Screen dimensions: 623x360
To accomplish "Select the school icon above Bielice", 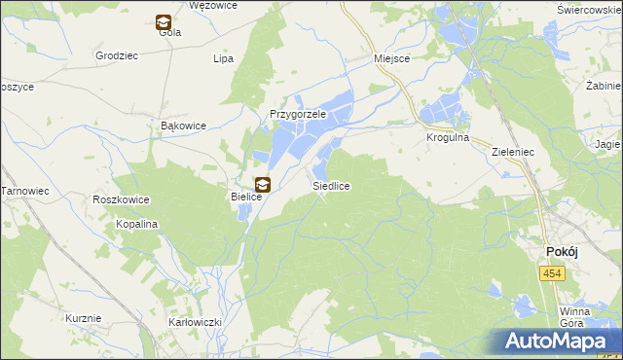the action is [x=262, y=184].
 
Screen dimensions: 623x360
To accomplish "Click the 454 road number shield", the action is [x=552, y=275].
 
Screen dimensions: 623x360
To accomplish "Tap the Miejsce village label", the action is [x=392, y=58].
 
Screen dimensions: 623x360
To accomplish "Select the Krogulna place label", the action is [x=448, y=138].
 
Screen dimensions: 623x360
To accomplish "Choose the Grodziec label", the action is [x=115, y=55].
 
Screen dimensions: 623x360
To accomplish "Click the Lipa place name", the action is [x=224, y=59].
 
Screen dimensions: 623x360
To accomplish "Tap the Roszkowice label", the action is [x=121, y=199].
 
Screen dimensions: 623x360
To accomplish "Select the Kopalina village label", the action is [x=137, y=224].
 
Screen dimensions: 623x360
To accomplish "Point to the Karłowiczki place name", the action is [x=196, y=322].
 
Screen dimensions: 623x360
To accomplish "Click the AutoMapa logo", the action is [x=559, y=342].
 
